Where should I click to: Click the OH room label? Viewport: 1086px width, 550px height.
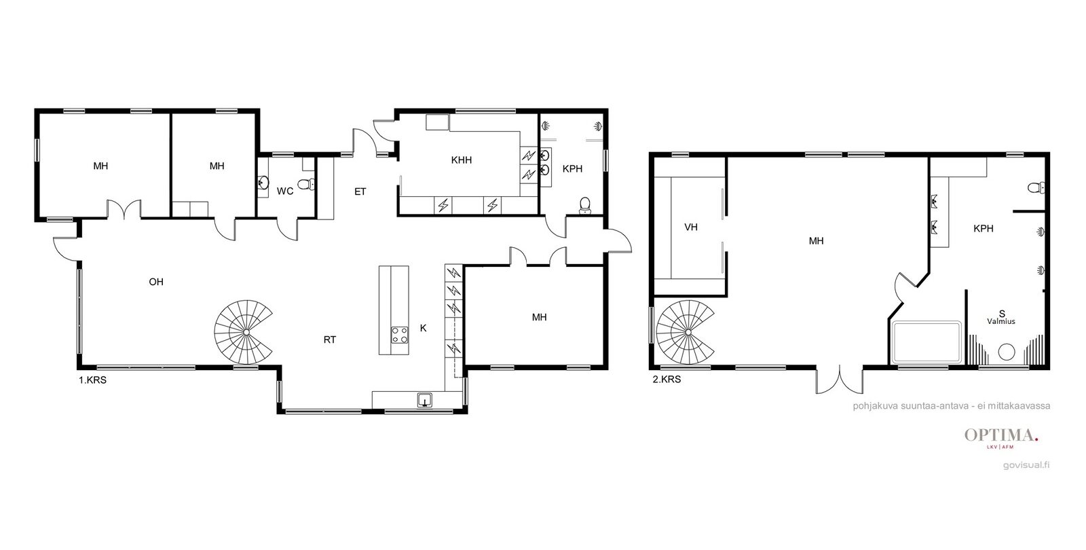point(156,282)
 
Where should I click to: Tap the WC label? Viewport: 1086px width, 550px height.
point(285,191)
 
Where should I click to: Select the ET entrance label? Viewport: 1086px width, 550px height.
point(360,191)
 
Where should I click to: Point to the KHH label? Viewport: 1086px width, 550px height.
point(461,160)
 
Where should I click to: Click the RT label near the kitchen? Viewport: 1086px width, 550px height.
point(330,340)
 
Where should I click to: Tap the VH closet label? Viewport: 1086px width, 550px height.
point(691,227)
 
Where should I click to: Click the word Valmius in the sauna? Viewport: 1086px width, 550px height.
point(1001,321)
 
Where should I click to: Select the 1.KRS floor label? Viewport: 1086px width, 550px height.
point(92,380)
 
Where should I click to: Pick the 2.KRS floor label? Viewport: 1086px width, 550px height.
point(667,380)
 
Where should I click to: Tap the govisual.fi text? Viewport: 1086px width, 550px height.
point(1026,465)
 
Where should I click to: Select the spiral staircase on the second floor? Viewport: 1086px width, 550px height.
point(686,332)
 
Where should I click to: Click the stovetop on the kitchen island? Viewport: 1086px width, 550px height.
point(400,335)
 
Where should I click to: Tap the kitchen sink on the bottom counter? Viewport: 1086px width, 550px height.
point(425,400)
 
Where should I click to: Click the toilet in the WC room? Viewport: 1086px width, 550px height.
point(306,184)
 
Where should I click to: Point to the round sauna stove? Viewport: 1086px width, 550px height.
point(1007,352)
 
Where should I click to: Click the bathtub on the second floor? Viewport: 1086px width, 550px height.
point(927,342)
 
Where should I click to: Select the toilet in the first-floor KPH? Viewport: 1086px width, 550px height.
point(585,205)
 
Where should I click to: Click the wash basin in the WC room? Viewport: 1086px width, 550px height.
point(263,183)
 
